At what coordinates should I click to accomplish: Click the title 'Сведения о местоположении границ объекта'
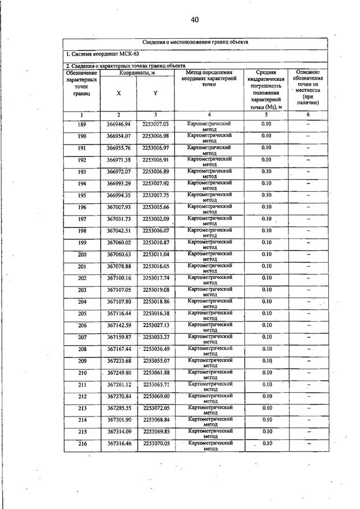(195, 42)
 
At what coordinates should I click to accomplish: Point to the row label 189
(81, 124)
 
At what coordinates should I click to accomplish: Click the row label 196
(81, 207)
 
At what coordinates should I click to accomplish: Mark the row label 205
(81, 313)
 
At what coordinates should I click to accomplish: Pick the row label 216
(81, 443)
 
